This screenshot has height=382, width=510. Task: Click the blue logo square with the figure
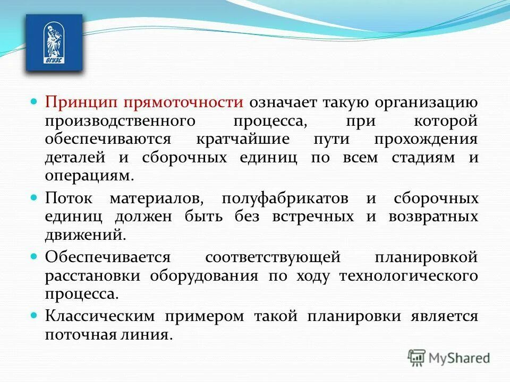(54, 42)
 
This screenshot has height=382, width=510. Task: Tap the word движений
(86, 235)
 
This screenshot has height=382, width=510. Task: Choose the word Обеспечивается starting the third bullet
(107, 258)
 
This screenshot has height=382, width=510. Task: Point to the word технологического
(408, 276)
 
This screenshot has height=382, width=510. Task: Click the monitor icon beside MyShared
(417, 358)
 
